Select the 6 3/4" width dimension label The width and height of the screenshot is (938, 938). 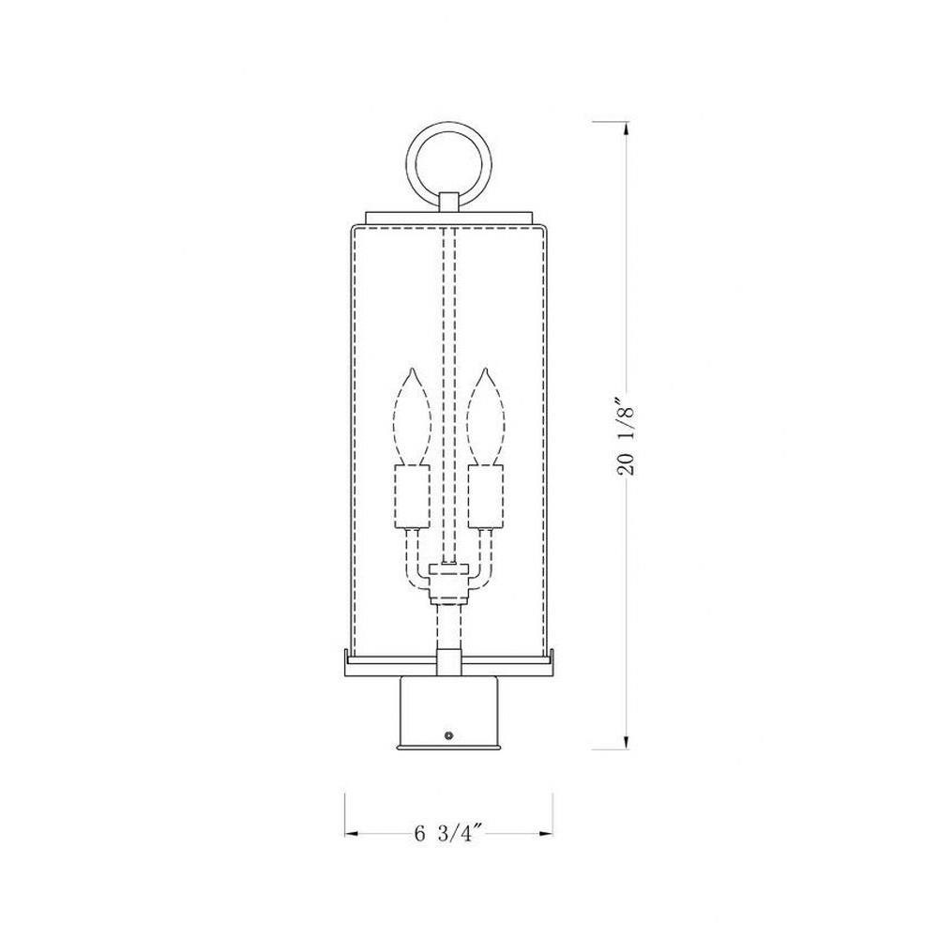click(x=448, y=833)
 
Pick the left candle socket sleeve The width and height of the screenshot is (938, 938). click(x=412, y=496)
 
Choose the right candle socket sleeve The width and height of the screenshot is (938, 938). click(x=485, y=496)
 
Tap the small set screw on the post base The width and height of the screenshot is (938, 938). click(x=448, y=734)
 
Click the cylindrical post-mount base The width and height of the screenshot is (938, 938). click(x=448, y=712)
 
